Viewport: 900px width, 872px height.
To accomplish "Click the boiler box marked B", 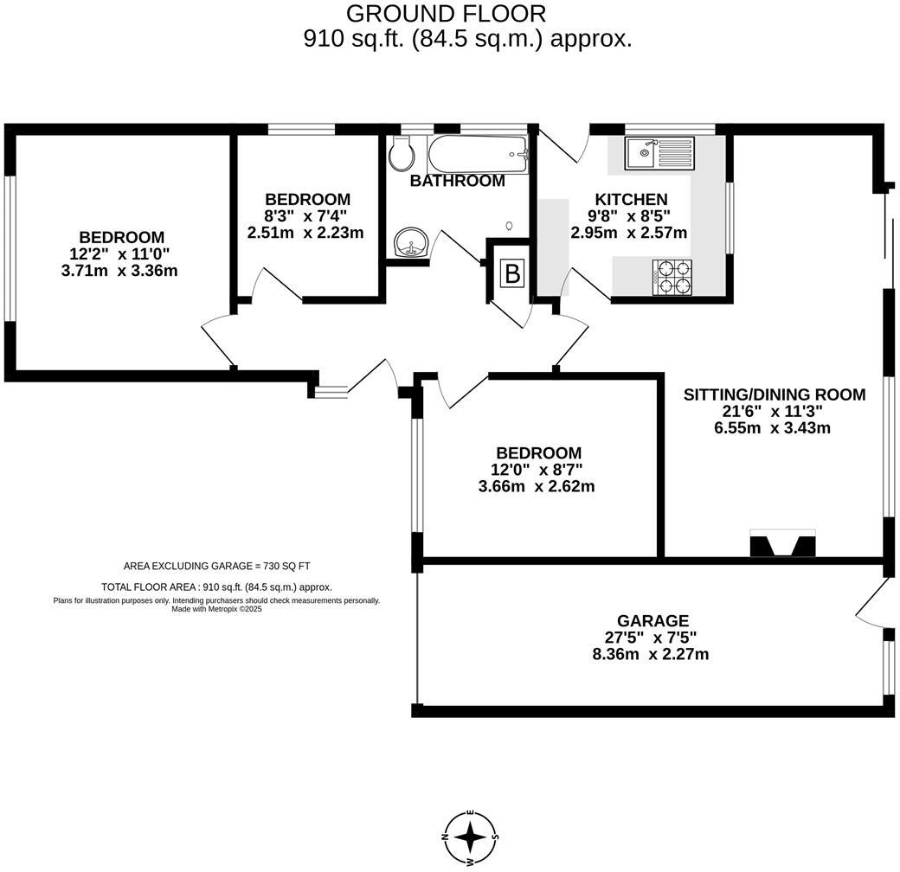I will pyautogui.click(x=512, y=274).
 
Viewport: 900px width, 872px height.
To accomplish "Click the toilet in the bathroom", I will pyautogui.click(x=402, y=155).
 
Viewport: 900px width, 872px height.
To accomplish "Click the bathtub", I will pyautogui.click(x=477, y=155).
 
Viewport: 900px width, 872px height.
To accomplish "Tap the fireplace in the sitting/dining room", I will pyautogui.click(x=781, y=545).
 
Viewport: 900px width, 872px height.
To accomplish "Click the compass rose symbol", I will pyautogui.click(x=470, y=837).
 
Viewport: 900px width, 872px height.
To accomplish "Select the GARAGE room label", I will pyautogui.click(x=652, y=620).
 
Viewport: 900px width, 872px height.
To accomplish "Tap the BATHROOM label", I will pyautogui.click(x=457, y=181).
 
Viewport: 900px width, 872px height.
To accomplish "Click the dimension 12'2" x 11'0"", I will pyautogui.click(x=122, y=254).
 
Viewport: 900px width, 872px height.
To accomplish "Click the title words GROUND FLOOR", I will pyautogui.click(x=447, y=14).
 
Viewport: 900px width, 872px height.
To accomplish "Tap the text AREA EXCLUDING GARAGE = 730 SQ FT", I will pyautogui.click(x=216, y=566).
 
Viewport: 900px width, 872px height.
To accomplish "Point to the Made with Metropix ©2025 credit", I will pyautogui.click(x=216, y=609).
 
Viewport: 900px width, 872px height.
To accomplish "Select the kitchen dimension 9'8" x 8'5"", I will pyautogui.click(x=629, y=216).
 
